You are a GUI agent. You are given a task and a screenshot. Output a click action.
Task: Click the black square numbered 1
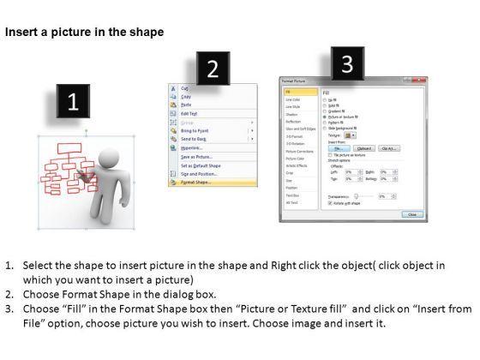[73, 103]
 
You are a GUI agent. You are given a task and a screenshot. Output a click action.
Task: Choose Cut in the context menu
[184, 88]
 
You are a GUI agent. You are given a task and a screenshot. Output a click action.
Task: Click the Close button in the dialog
[411, 214]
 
